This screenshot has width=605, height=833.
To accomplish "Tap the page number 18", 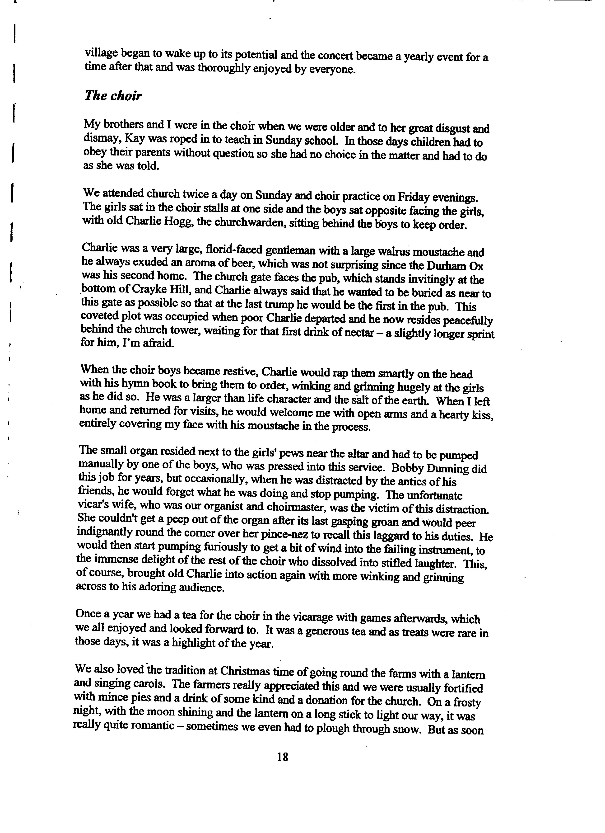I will pyautogui.click(x=283, y=757).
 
